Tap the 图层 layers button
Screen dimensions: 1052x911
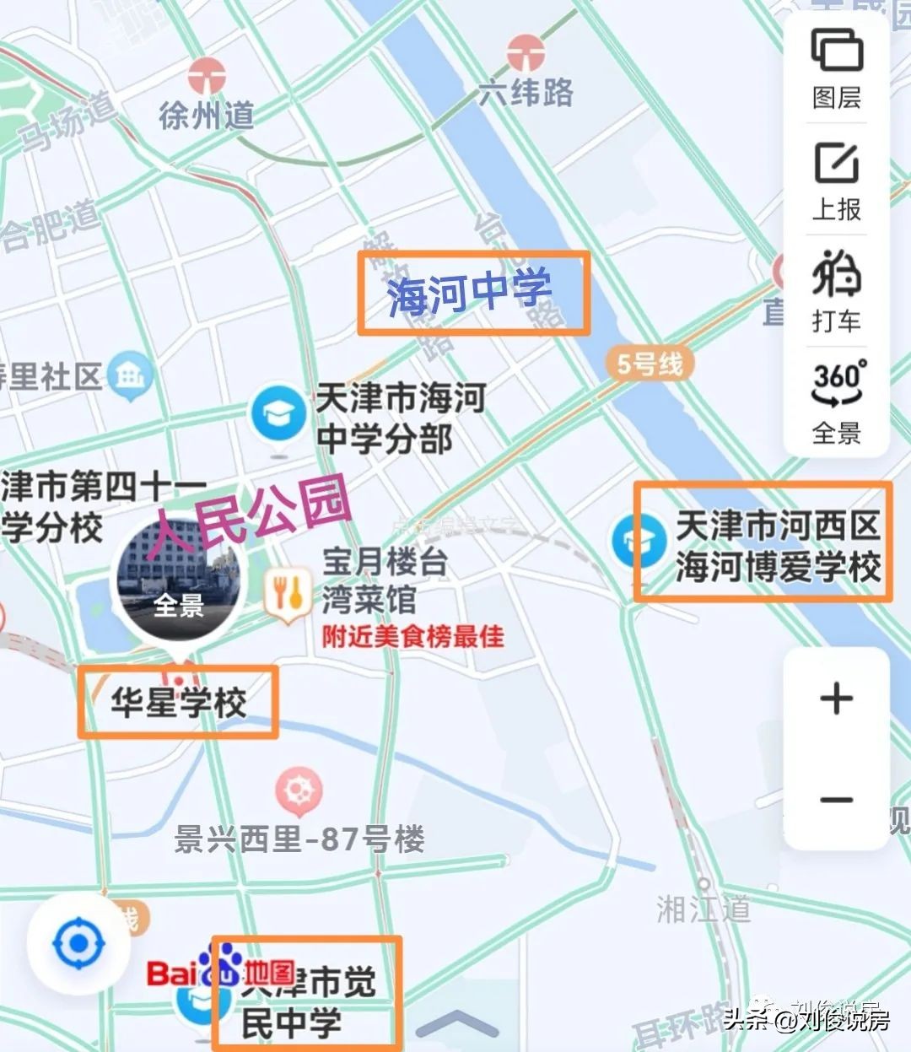837,67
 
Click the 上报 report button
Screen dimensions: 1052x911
837,180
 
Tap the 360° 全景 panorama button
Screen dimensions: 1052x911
837,402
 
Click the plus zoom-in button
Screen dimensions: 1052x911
836,699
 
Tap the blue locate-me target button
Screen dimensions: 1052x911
78,942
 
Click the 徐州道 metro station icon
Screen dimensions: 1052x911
207,77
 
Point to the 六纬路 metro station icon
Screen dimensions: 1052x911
526,53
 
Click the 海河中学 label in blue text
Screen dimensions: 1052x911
470,292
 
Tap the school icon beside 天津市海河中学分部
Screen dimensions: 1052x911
278,413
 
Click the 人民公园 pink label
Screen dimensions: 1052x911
250,516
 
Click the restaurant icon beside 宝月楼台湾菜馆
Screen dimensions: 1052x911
287,593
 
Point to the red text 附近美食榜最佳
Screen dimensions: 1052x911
412,636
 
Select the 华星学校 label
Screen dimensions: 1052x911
178,703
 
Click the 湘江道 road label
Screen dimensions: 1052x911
703,909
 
